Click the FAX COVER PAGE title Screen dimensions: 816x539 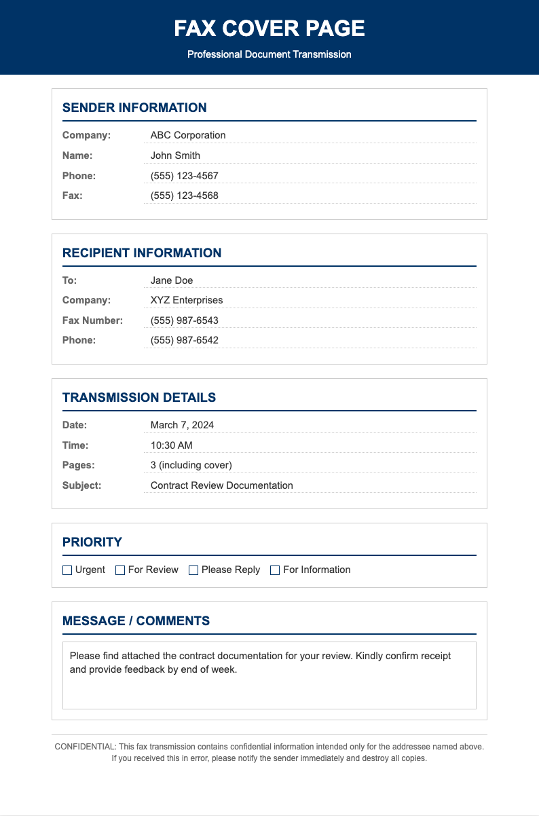(x=269, y=29)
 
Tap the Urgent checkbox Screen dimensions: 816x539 (x=67, y=570)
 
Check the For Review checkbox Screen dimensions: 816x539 (x=120, y=570)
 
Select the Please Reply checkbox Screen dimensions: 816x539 (x=193, y=570)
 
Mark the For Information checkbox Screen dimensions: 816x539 (x=275, y=570)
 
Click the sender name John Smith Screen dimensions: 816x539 (x=175, y=155)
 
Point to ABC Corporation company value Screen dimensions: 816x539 (x=188, y=135)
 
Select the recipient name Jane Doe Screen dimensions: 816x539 (x=172, y=280)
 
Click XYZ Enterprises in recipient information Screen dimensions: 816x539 (x=187, y=300)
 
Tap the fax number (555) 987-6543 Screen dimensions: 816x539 (x=185, y=320)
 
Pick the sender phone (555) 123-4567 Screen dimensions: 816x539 (x=185, y=176)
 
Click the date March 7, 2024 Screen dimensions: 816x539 (x=182, y=425)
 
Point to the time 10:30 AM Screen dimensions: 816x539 (x=172, y=445)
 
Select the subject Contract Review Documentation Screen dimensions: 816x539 (x=222, y=485)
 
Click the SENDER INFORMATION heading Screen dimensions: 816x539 (x=134, y=108)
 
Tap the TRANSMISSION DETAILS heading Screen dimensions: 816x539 (x=139, y=398)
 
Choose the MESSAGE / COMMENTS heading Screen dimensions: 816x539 (x=136, y=621)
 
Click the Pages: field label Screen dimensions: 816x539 (x=79, y=465)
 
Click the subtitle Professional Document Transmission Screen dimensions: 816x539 (x=269, y=54)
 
